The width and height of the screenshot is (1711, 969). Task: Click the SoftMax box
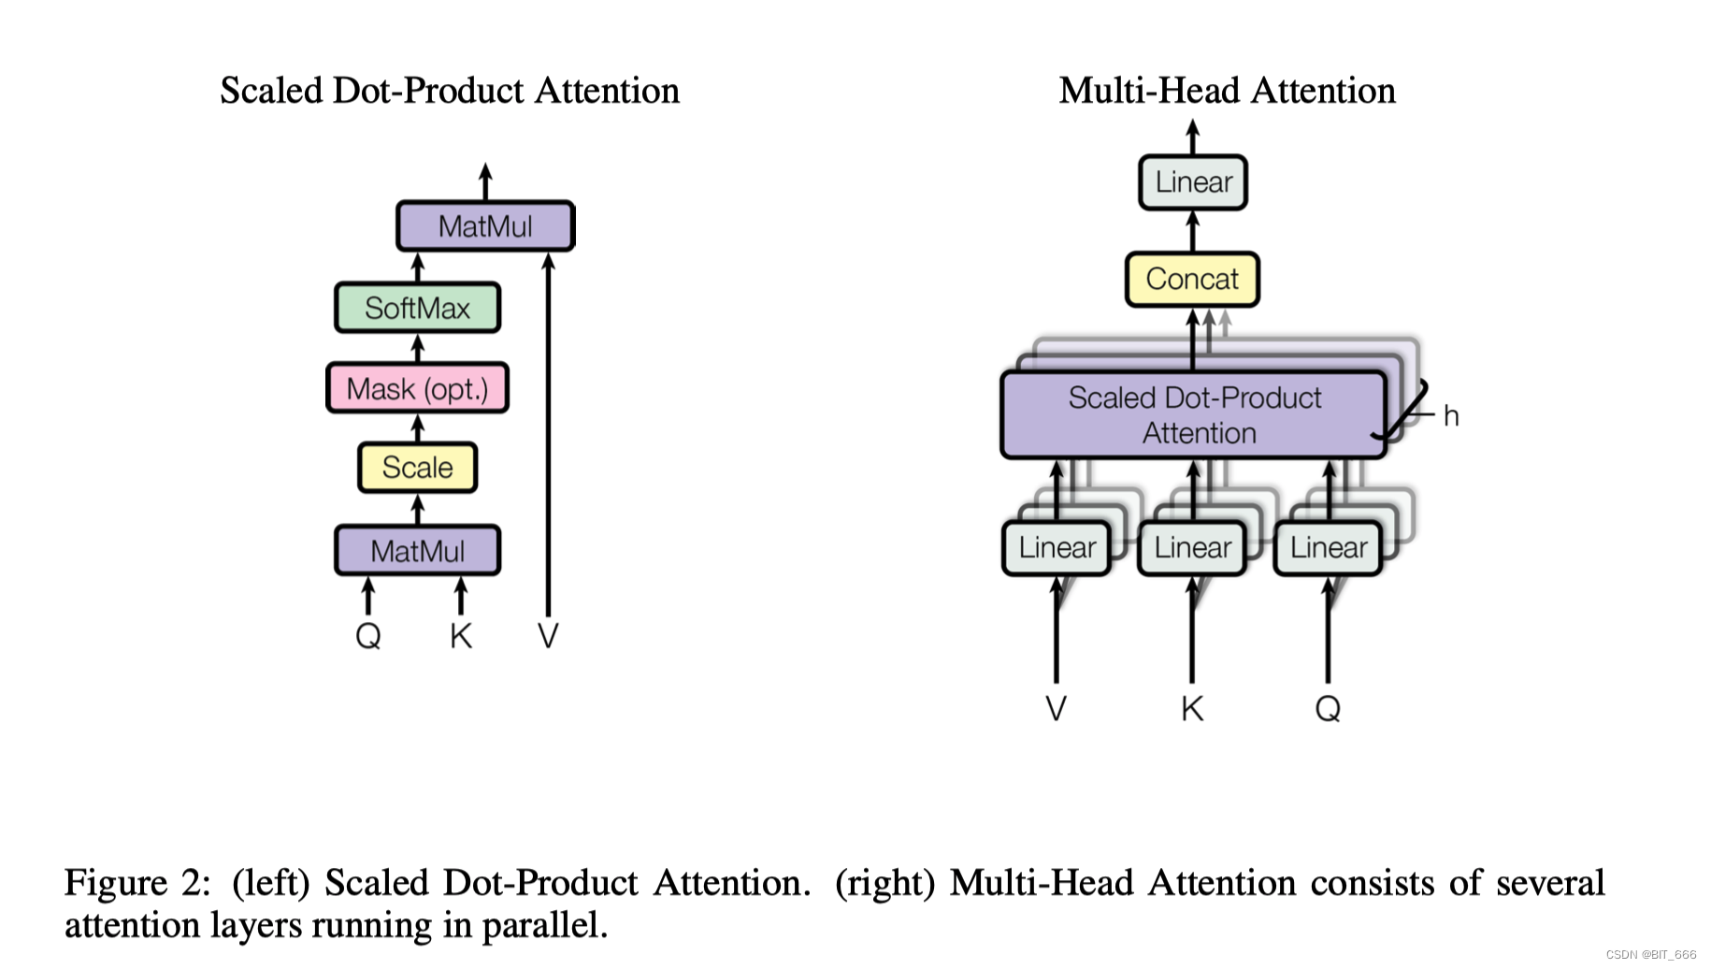417,308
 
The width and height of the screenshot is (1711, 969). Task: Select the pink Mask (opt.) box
417,388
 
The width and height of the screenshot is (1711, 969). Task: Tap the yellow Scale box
417,468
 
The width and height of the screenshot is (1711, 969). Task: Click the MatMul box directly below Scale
417,551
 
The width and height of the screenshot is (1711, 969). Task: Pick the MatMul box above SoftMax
485,226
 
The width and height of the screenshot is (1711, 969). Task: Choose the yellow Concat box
1192,279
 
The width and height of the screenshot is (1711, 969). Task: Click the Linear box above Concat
1193,181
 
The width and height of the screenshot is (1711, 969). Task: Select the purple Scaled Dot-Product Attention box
1194,415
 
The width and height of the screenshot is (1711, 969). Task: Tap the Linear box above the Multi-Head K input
1192,547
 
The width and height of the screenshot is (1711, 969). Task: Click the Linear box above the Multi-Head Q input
1328,547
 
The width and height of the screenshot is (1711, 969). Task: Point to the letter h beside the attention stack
1450,416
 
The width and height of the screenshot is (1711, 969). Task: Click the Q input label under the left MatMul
368,636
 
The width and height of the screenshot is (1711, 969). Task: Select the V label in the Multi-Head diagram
1056,708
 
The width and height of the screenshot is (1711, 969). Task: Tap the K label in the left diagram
460,636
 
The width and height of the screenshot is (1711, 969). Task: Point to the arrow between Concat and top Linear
1193,231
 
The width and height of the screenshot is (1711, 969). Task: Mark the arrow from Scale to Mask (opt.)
418,428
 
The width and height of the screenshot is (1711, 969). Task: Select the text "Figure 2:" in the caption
137,883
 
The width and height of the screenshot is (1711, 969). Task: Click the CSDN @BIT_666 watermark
1650,955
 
